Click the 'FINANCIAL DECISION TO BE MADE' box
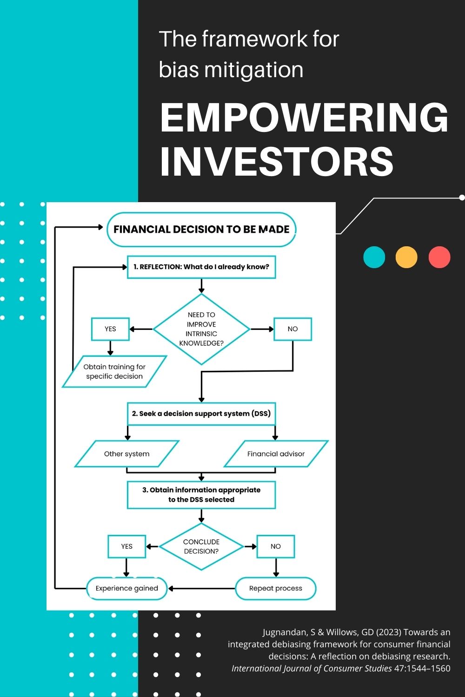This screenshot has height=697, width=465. click(201, 230)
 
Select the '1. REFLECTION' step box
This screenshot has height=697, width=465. click(201, 267)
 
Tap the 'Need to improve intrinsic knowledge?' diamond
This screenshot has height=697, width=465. click(201, 329)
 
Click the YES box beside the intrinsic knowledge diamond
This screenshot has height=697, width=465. click(110, 329)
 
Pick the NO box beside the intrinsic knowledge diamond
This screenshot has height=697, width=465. click(292, 329)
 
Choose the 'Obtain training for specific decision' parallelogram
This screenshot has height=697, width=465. click(114, 372)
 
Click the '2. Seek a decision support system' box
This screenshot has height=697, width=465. click(201, 414)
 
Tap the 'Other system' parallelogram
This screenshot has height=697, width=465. click(127, 454)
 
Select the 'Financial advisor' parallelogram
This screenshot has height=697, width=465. click(276, 454)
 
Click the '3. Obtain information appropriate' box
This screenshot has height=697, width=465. click(201, 495)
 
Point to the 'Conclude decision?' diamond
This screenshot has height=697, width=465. click(201, 546)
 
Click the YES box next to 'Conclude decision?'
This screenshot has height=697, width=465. click(127, 546)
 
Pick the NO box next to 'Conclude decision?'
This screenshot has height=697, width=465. click(276, 546)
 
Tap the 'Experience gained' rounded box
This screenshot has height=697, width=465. click(127, 588)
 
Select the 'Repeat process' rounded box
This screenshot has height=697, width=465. click(276, 588)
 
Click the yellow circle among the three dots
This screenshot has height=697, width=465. click(406, 257)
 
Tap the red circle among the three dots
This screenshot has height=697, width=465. click(439, 257)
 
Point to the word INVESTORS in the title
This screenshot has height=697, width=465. click(277, 162)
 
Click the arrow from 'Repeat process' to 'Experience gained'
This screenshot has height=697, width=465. click(201, 588)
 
